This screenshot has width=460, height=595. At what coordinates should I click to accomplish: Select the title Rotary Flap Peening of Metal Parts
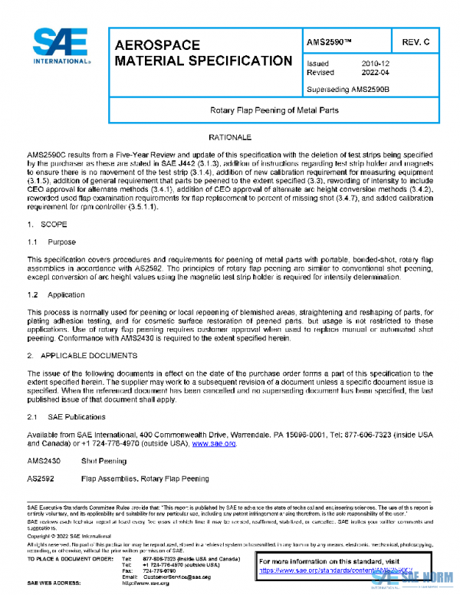[274, 110]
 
